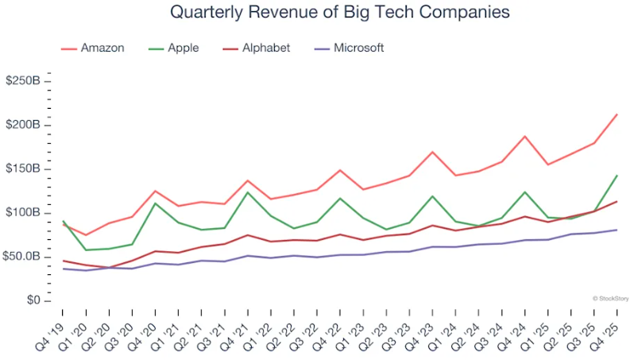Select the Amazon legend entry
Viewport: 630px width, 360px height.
pyautogui.click(x=93, y=48)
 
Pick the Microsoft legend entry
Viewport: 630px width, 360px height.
pyautogui.click(x=339, y=48)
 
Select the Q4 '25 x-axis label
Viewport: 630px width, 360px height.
pyautogui.click(x=607, y=330)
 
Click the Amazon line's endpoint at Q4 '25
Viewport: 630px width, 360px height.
pyautogui.click(x=617, y=114)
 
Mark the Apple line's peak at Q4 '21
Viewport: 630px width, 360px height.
pyautogui.click(x=248, y=192)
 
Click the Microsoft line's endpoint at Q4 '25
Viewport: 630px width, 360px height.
pyautogui.click(x=617, y=230)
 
